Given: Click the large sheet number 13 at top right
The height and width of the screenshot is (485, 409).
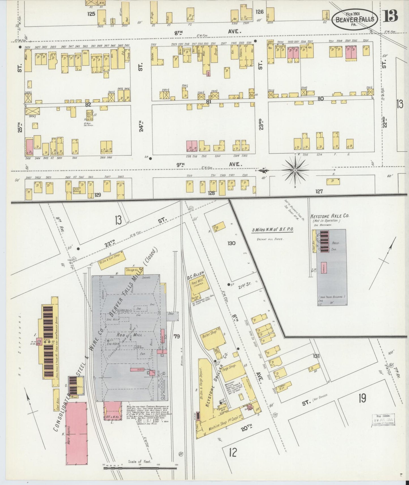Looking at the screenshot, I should click(391, 16).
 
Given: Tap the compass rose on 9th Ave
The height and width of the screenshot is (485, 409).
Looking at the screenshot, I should click(295, 170).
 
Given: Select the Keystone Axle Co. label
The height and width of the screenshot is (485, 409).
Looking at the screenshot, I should click(330, 216).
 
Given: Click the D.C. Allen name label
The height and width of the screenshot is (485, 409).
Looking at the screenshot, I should click(196, 274).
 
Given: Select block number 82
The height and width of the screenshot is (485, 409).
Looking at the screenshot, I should click(88, 104).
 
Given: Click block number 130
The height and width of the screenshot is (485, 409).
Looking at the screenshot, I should click(231, 243).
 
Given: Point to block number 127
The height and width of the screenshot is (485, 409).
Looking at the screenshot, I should click(319, 192).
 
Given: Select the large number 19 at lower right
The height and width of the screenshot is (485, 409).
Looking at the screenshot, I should click(362, 398).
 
